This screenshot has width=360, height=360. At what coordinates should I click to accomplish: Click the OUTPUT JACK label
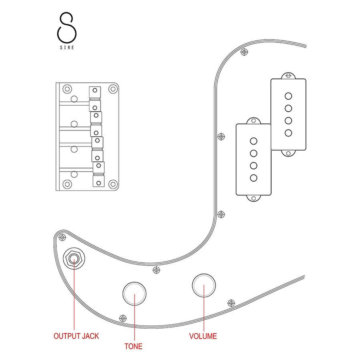(x=76, y=336)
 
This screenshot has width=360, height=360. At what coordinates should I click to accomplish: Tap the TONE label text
(x=133, y=346)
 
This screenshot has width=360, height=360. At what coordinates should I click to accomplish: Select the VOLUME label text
(x=203, y=336)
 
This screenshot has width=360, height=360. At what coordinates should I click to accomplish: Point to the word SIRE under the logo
(x=67, y=47)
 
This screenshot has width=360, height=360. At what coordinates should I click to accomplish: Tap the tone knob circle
(x=134, y=294)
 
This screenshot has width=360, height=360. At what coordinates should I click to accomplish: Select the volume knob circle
(x=204, y=285)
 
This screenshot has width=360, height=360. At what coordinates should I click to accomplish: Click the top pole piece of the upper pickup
(x=288, y=96)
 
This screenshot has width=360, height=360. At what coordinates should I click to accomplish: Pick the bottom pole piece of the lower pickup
(x=254, y=178)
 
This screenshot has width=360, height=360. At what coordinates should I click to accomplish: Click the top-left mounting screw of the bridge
(x=67, y=89)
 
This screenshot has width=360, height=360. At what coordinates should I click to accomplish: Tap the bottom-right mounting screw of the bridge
(x=112, y=184)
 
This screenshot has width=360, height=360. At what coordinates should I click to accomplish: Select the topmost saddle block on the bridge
(x=95, y=90)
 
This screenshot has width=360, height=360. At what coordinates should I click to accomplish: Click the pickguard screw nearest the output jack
(x=62, y=237)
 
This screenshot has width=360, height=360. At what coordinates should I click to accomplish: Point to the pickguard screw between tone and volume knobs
(x=156, y=270)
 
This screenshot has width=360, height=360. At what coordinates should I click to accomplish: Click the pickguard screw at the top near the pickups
(x=244, y=52)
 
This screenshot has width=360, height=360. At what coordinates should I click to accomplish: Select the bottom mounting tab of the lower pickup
(x=254, y=198)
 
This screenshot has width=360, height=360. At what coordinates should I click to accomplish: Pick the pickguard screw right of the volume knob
(x=231, y=303)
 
